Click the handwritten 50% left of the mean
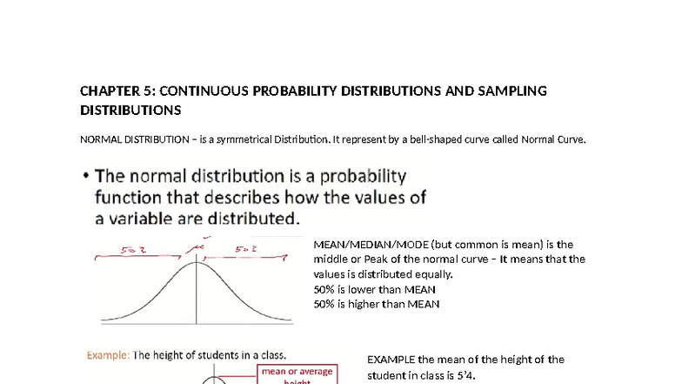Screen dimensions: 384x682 point(133,250)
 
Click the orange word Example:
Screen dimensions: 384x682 point(107,354)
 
